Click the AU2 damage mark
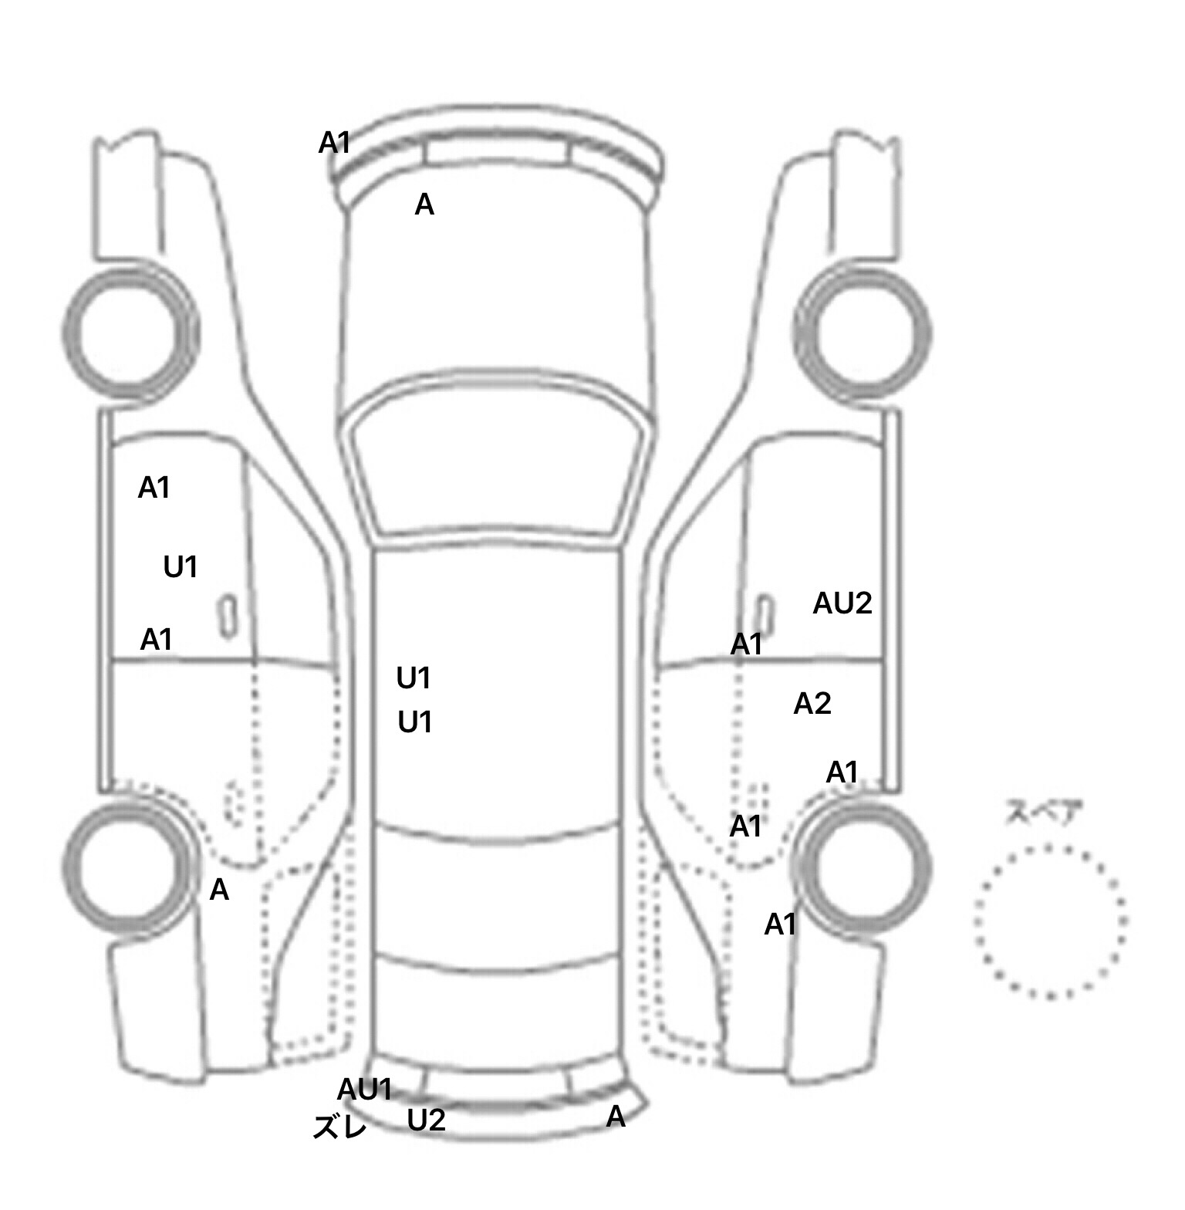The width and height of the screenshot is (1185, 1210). click(x=842, y=603)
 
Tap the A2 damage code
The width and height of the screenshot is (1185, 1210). click(x=812, y=704)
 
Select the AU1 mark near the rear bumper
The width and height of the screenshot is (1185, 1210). click(x=365, y=1090)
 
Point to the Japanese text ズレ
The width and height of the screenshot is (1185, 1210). click(x=339, y=1127)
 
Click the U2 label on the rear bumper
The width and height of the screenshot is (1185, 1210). click(x=426, y=1120)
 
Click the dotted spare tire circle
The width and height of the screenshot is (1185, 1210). click(x=1051, y=921)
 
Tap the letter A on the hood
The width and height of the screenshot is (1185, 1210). click(x=424, y=205)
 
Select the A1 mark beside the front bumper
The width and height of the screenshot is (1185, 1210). click(x=335, y=143)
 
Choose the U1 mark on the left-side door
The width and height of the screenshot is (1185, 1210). click(x=181, y=568)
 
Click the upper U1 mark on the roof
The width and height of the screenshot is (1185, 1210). click(x=414, y=679)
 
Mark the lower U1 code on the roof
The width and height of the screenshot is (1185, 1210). click(x=415, y=723)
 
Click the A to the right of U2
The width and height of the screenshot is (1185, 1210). click(x=616, y=1117)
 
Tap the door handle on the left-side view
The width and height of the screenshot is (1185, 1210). click(x=228, y=617)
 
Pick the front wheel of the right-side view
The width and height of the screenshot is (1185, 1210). click(x=864, y=334)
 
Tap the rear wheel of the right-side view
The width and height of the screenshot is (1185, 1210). click(x=864, y=866)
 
